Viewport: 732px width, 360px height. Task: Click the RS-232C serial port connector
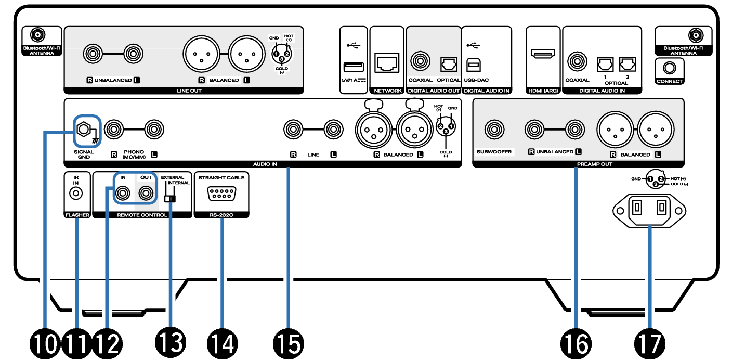point(221,194)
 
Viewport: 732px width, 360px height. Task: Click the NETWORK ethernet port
point(387,63)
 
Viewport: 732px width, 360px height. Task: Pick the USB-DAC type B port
point(474,63)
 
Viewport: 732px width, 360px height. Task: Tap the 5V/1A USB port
point(354,67)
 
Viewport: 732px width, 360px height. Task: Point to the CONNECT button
point(669,67)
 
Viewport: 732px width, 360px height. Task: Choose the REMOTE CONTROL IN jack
point(123,194)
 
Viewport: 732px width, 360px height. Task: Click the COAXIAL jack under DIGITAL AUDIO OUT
point(420,61)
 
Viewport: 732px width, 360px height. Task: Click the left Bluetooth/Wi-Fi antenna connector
point(37,35)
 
